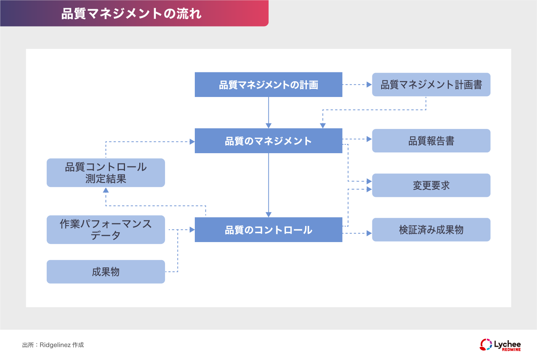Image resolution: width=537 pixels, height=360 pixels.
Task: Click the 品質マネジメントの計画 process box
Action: coord(268,84)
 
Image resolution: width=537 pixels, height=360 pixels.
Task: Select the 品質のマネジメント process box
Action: coord(268,141)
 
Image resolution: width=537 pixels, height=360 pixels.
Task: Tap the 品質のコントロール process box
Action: coord(268,230)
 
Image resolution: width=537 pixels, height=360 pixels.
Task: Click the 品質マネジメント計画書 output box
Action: coord(431,84)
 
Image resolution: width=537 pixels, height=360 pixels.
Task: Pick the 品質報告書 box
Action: coord(431,141)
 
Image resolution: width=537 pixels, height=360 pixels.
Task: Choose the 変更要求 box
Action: coord(431,185)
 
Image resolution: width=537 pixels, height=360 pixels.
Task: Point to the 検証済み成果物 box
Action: coord(431,230)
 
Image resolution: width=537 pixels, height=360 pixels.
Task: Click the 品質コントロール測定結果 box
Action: coord(106,173)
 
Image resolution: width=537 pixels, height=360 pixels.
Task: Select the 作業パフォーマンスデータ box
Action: coord(106,230)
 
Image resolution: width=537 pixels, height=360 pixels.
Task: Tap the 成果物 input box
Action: coord(106,271)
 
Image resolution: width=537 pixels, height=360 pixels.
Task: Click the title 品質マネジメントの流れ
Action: coord(131,14)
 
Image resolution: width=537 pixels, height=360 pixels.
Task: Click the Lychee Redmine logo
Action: coord(500,345)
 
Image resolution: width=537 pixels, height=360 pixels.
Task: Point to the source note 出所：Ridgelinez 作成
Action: coord(53,345)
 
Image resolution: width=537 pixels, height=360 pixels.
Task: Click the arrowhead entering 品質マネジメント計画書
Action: coord(369,84)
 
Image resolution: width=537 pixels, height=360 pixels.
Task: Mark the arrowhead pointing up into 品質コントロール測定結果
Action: coord(106,190)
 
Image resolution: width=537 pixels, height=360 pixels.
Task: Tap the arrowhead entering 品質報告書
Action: coord(369,139)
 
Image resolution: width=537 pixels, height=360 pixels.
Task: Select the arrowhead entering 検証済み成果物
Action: coord(369,233)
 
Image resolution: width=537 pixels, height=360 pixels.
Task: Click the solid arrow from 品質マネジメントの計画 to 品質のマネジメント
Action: coord(268,112)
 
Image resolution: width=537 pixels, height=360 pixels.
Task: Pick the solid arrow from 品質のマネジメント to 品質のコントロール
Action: coord(268,185)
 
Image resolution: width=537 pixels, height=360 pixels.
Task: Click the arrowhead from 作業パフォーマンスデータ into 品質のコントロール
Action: coord(192,230)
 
